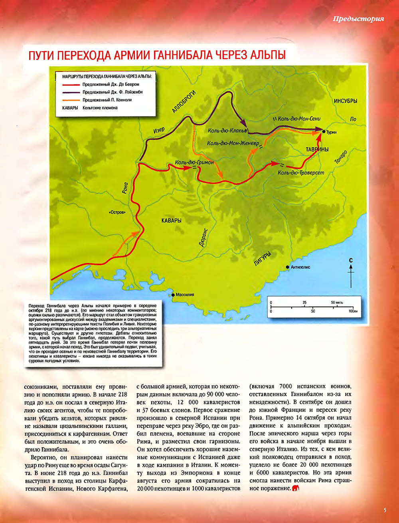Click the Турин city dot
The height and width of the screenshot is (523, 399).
pyautogui.click(x=324, y=131)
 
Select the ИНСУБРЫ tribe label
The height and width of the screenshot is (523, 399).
pyautogui.click(x=346, y=101)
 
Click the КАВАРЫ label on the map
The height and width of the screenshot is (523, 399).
pyautogui.click(x=172, y=220)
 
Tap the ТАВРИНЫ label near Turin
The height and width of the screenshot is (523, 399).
pyautogui.click(x=317, y=149)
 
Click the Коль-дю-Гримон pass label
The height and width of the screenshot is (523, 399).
pyautogui.click(x=194, y=162)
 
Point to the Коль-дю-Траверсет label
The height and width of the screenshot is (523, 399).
pyautogui.click(x=301, y=172)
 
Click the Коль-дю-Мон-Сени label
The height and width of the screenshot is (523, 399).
pyautogui.click(x=299, y=119)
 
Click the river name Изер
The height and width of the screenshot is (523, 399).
pyautogui.click(x=159, y=131)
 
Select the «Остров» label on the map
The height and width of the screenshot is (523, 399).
pyautogui.click(x=117, y=212)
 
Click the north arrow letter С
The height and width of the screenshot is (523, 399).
pyautogui.click(x=351, y=261)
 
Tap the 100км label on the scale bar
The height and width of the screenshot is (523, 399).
pyautogui.click(x=352, y=311)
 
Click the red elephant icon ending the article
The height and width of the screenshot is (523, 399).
pyautogui.click(x=296, y=488)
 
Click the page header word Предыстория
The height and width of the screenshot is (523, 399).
pyautogui.click(x=358, y=19)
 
